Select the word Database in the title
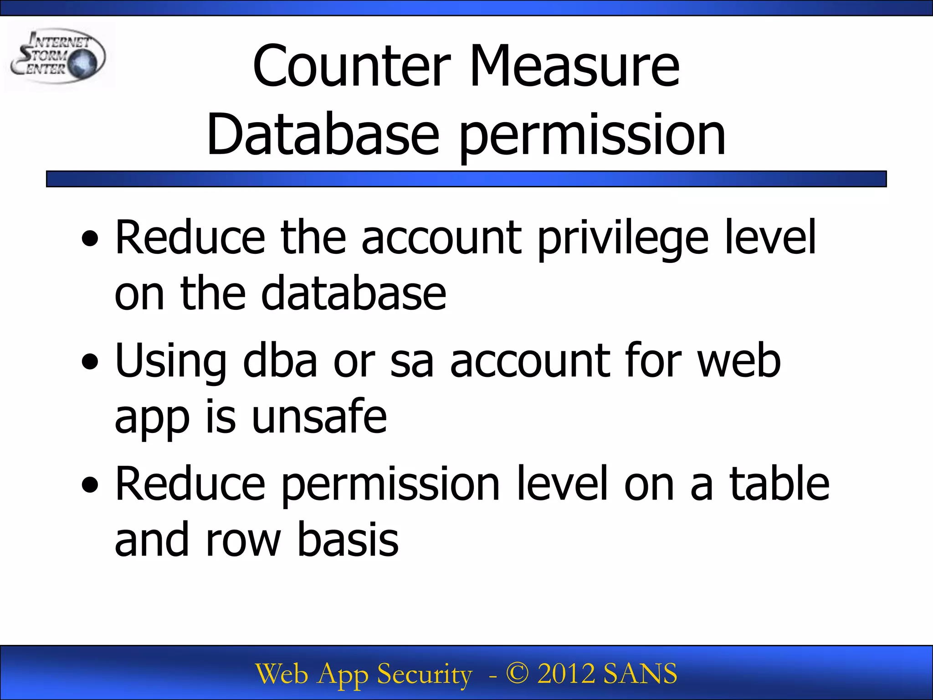pyautogui.click(x=323, y=135)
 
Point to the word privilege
pyautogui.click(x=623, y=238)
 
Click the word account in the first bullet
pyautogui.click(x=441, y=238)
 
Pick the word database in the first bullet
pyautogui.click(x=354, y=294)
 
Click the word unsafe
pyautogui.click(x=319, y=417)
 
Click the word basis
pyautogui.click(x=348, y=540)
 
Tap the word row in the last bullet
pyautogui.click(x=243, y=540)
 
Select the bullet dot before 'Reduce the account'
pyautogui.click(x=90, y=238)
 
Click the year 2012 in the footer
pyautogui.click(x=566, y=674)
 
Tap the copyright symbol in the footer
pyautogui.click(x=517, y=674)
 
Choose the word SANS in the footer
pyautogui.click(x=640, y=674)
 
